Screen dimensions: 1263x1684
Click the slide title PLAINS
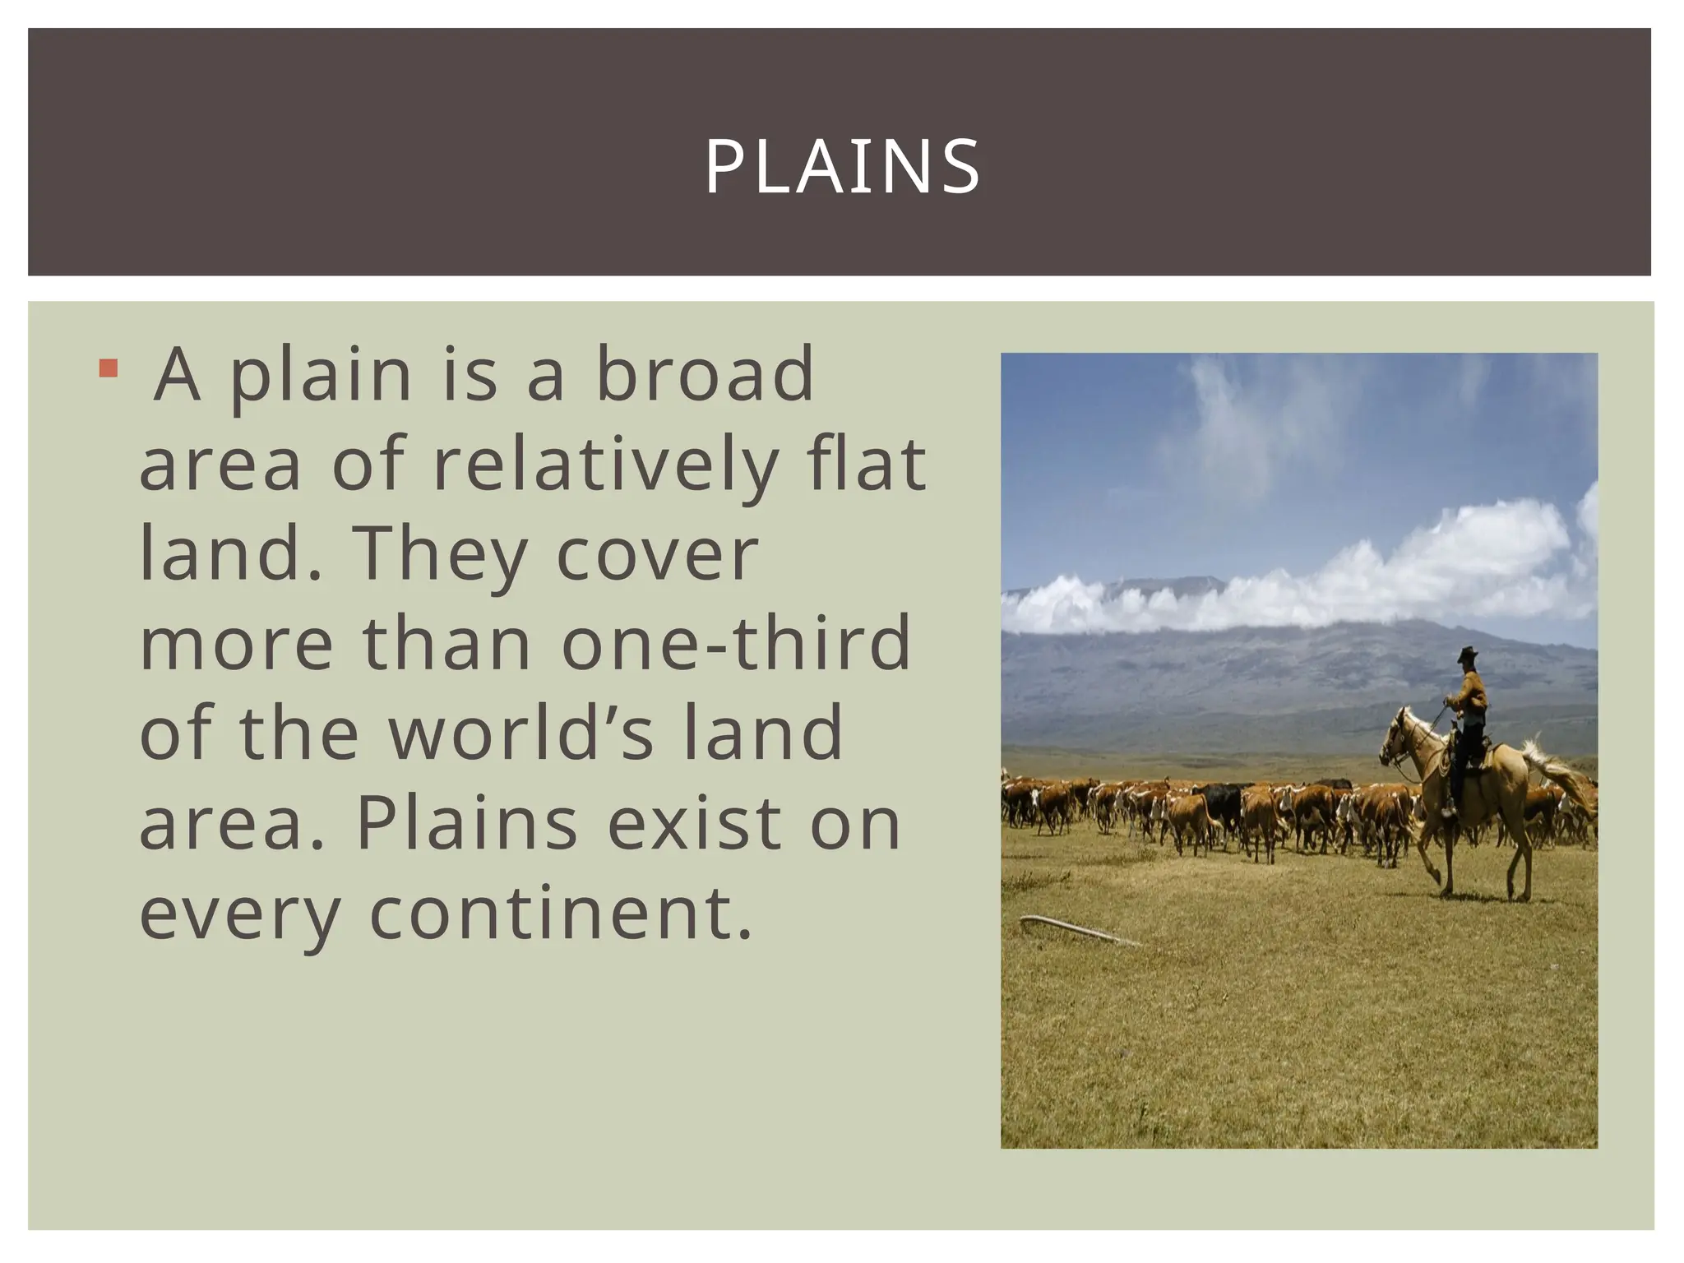[x=842, y=167]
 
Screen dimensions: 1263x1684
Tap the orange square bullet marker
[x=107, y=368]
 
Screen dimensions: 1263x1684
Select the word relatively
[x=605, y=465]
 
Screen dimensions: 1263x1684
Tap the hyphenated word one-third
[x=736, y=643]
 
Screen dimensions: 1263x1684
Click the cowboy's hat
[x=1467, y=655]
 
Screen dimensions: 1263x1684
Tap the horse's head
[x=1396, y=736]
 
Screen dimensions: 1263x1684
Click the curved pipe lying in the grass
[x=1069, y=928]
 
